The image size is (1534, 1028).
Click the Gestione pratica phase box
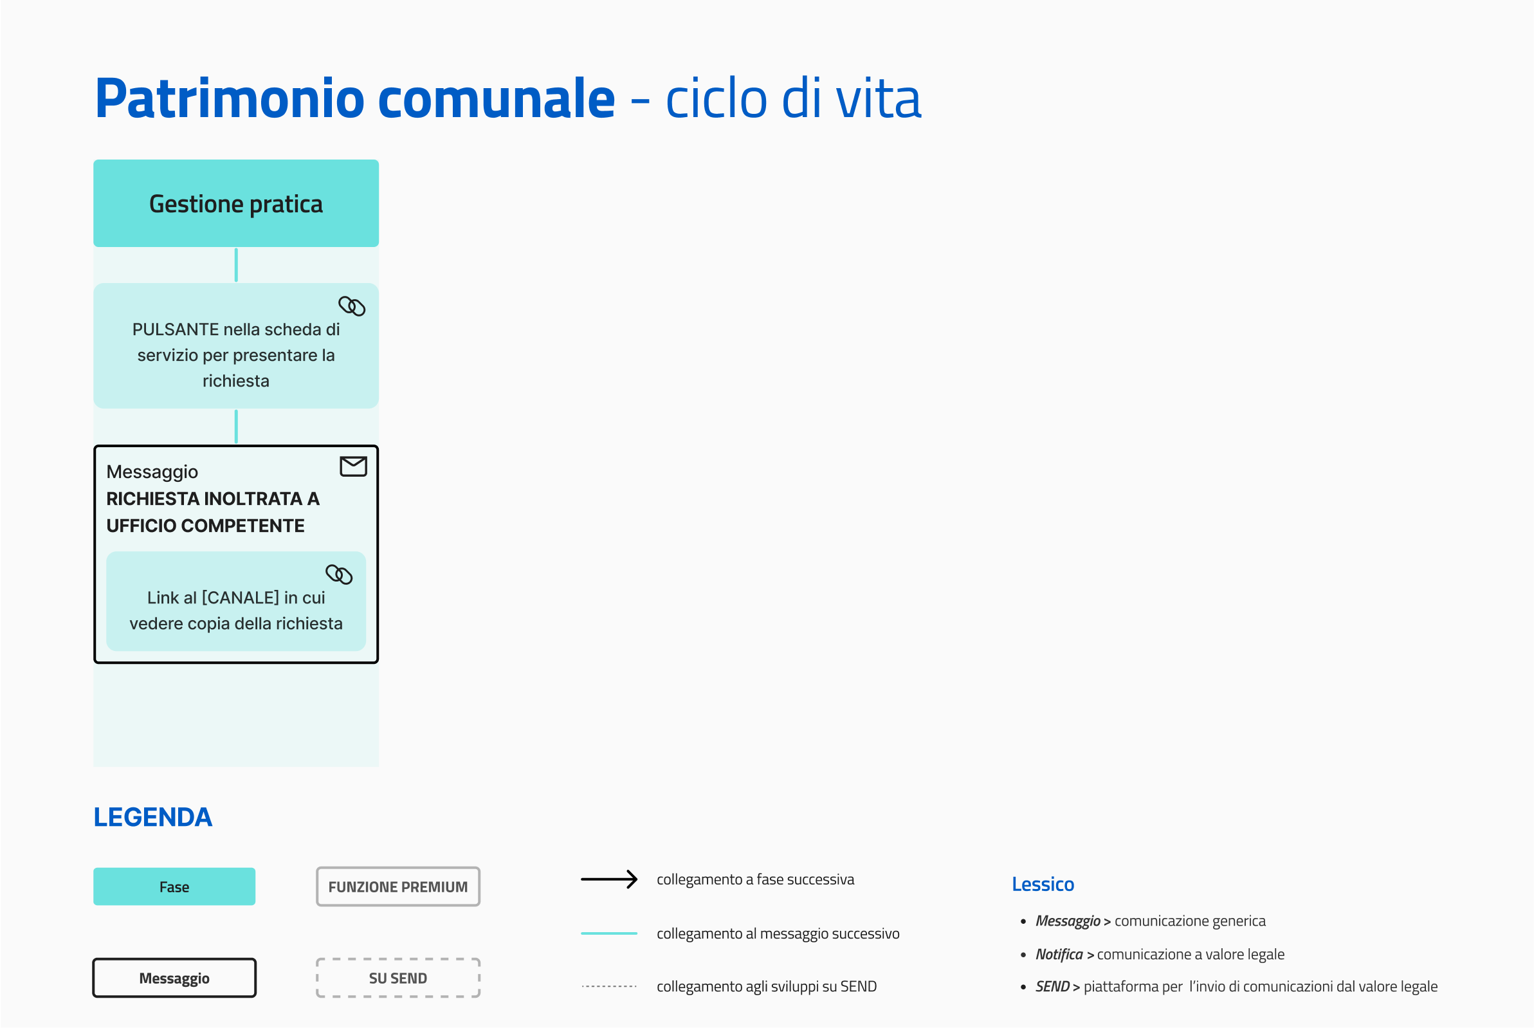[236, 203]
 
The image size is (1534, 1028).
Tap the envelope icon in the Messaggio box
[353, 466]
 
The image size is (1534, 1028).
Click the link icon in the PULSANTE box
[352, 306]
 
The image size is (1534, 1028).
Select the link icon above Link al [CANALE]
[339, 574]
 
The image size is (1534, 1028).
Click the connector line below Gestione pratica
[236, 265]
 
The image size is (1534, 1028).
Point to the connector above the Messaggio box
[236, 427]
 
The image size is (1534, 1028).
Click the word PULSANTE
[176, 329]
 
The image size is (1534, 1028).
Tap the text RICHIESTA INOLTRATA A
[213, 499]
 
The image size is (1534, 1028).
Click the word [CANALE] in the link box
[241, 598]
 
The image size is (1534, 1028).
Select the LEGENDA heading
[152, 817]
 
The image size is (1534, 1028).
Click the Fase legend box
[174, 886]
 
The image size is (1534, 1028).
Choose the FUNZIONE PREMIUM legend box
[398, 886]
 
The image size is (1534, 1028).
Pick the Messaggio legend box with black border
[174, 978]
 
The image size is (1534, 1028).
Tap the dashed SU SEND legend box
[398, 978]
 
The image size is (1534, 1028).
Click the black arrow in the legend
[609, 879]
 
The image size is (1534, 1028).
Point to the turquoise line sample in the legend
[609, 933]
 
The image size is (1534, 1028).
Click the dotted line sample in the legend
[609, 986]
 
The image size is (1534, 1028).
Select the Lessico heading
[1043, 885]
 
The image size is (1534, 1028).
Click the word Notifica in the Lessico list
[1059, 955]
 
